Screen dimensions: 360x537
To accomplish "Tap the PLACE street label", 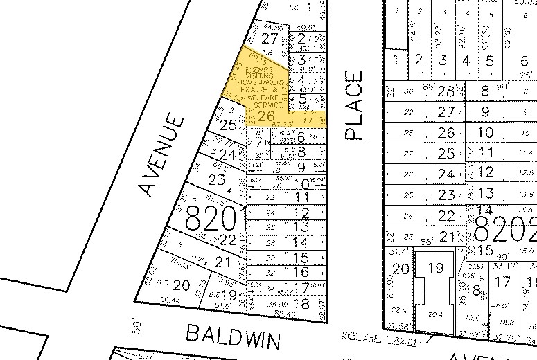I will click(x=354, y=105).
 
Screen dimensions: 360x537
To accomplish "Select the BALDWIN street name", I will click(x=234, y=339).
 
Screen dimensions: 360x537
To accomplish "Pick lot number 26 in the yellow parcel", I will click(x=265, y=116).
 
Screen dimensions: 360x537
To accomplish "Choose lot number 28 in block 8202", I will click(x=449, y=91).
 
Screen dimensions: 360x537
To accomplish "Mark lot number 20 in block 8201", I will click(x=181, y=285).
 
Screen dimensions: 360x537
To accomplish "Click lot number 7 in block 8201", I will click(x=258, y=143).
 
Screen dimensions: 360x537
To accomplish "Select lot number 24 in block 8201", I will click(x=227, y=154).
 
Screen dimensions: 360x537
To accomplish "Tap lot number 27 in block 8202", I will click(x=449, y=111).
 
